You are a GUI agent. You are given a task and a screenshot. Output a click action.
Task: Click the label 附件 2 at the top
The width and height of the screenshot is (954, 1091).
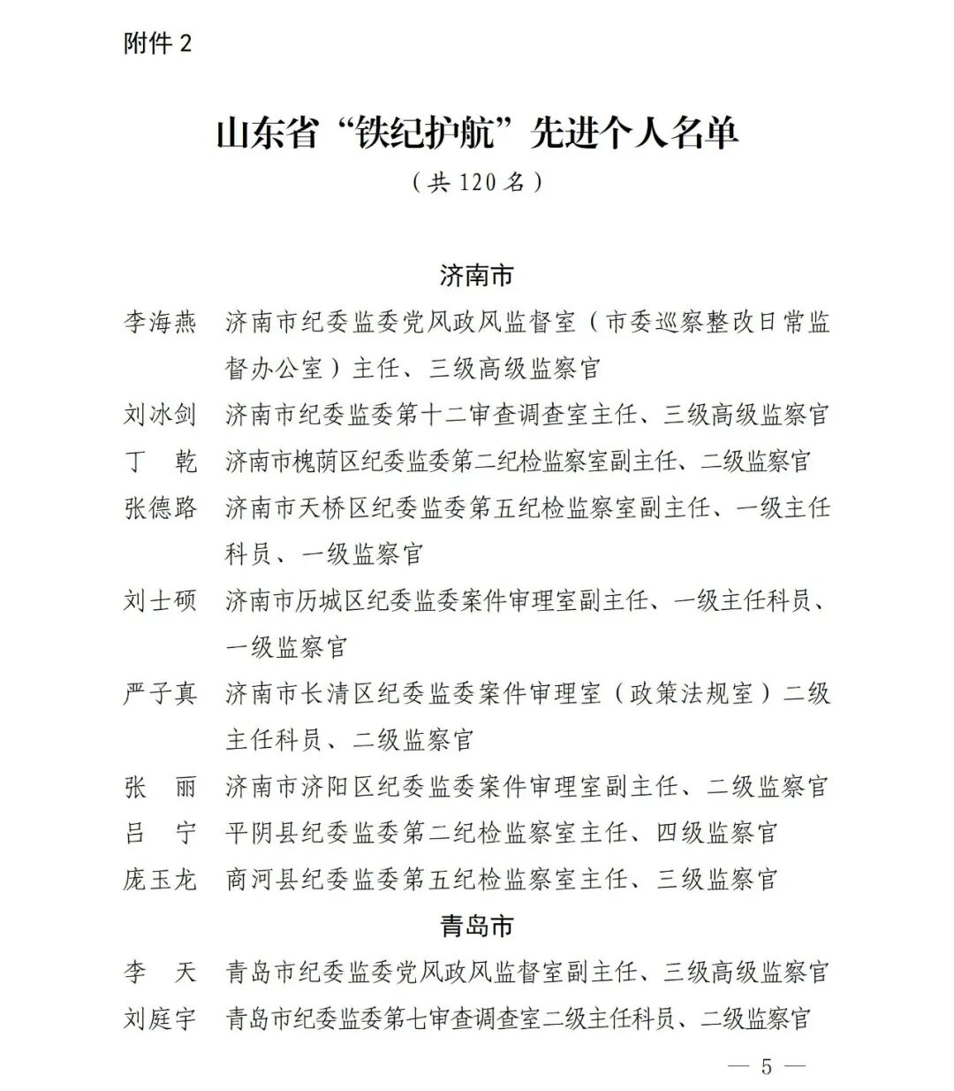click(x=157, y=43)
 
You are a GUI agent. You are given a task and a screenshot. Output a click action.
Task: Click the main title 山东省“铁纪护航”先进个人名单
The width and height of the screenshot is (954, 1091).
click(x=477, y=133)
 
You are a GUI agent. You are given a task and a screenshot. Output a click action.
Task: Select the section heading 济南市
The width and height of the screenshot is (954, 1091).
click(x=477, y=276)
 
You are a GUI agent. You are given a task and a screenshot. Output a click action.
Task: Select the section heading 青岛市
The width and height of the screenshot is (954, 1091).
click(x=477, y=926)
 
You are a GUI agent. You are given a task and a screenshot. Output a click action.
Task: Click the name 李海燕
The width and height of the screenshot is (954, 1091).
click(x=160, y=322)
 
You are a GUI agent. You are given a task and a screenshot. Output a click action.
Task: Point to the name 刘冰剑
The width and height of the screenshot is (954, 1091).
click(x=160, y=415)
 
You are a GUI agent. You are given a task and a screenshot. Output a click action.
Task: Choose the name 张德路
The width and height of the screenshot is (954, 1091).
click(x=160, y=507)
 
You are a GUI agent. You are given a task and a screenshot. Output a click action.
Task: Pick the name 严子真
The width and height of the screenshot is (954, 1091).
click(x=160, y=694)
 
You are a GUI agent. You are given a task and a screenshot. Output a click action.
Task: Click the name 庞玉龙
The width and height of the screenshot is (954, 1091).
click(x=160, y=880)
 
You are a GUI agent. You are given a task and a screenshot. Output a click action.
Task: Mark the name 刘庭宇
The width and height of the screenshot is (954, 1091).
click(x=160, y=1019)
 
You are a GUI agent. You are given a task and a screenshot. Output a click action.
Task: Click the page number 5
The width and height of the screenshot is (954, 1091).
click(x=766, y=1066)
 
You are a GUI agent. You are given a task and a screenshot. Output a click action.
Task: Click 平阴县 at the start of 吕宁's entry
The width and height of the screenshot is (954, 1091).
click(x=263, y=833)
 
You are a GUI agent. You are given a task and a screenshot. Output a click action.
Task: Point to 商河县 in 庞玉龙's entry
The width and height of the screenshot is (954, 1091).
click(x=263, y=880)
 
